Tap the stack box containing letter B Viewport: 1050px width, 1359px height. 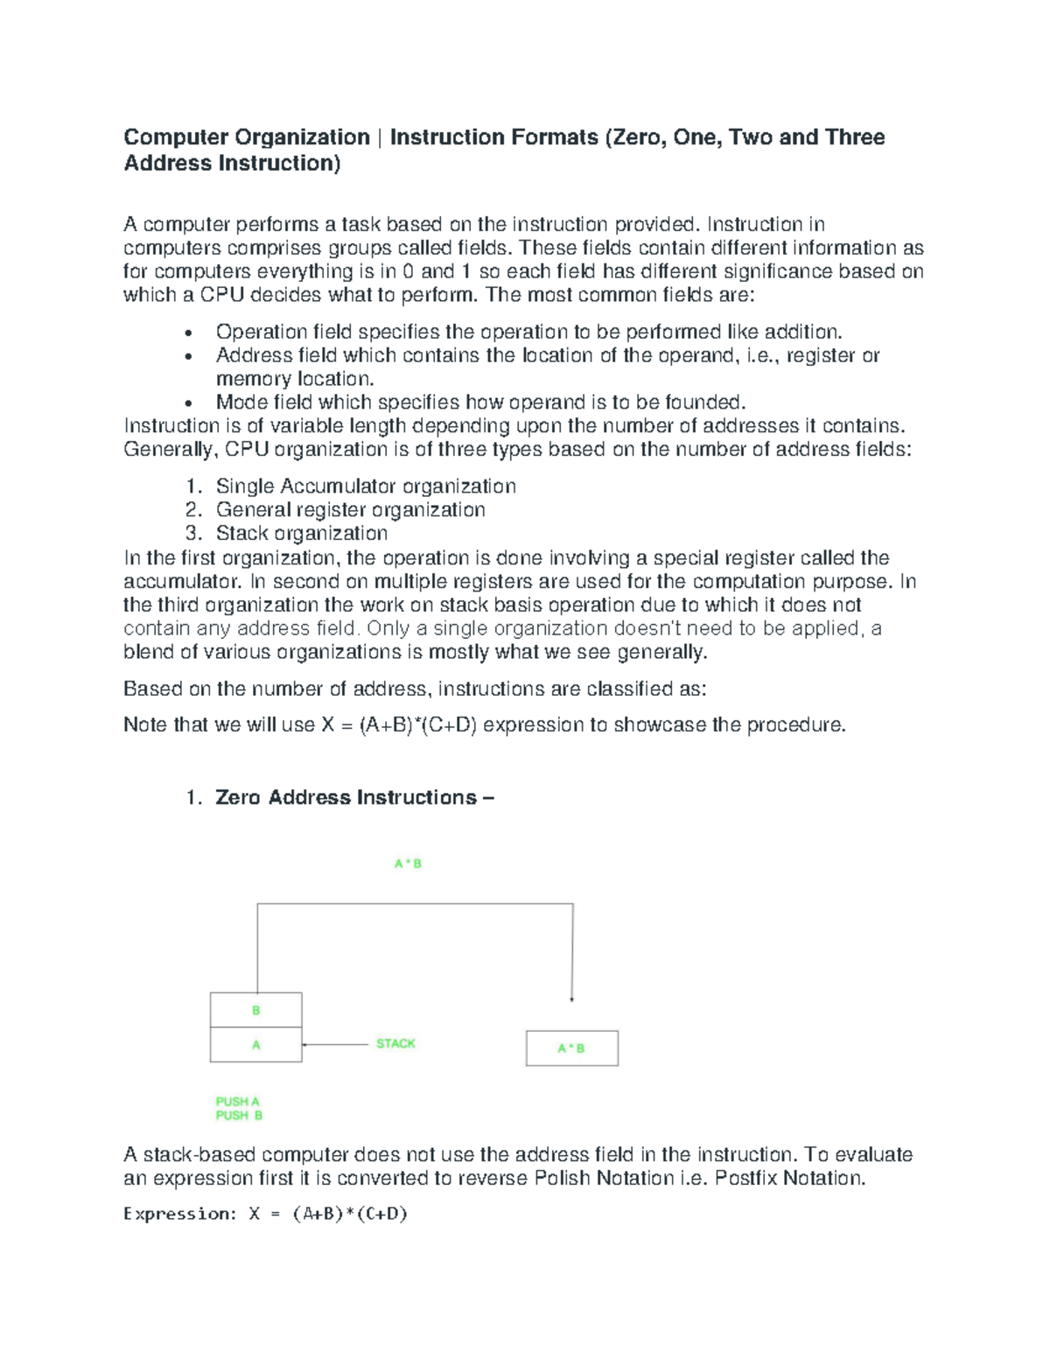pos(256,1010)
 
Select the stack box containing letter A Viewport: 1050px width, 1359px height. pos(256,1045)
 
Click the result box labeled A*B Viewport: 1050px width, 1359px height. pos(571,1048)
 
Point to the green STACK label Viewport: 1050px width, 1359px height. pos(395,1044)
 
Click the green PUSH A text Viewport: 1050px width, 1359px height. pos(238,1102)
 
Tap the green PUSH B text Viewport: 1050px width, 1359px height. pos(240,1116)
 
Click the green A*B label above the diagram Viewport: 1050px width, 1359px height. pos(408,864)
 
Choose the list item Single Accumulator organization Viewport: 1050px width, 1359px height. pos(366,487)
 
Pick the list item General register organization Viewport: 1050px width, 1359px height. pos(350,510)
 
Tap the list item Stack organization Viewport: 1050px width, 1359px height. pos(302,534)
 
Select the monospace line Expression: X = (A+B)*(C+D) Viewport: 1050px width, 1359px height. pos(266,1214)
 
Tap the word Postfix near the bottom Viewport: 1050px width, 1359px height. pos(745,1178)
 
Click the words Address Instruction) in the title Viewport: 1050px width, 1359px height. pos(232,164)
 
